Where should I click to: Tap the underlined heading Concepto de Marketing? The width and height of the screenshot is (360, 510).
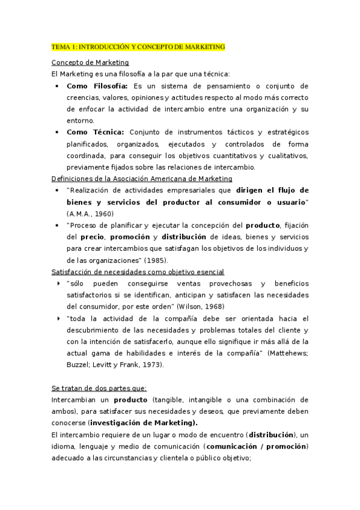click(x=90, y=63)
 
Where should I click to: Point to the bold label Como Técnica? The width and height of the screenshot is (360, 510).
click(x=95, y=132)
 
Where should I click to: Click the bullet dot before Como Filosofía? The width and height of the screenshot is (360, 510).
click(x=56, y=86)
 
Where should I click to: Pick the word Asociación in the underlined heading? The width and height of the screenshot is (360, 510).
click(x=142, y=179)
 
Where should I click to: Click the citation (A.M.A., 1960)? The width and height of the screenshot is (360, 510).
click(x=89, y=214)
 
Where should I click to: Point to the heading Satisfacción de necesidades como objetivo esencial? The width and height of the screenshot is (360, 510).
click(x=138, y=272)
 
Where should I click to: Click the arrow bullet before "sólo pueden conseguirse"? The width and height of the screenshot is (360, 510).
click(x=57, y=283)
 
